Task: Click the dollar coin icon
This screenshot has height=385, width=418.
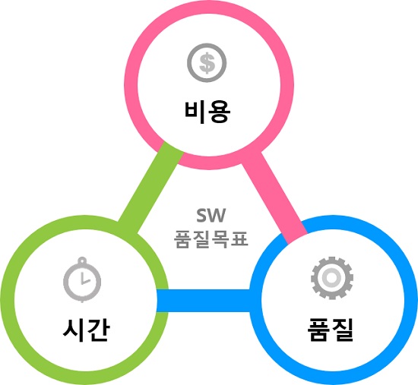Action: pos(207,63)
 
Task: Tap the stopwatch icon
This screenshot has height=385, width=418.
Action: pos(82,279)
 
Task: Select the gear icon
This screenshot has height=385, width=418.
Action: pos(332,278)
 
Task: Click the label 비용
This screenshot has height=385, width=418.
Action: pos(207,112)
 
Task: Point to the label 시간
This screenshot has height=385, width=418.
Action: pos(86,330)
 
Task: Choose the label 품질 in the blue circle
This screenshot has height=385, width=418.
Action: pos(331,330)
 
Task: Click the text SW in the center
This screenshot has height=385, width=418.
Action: pos(211,215)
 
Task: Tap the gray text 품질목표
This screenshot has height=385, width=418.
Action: pos(211,239)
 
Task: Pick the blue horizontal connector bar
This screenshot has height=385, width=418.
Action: pos(203,301)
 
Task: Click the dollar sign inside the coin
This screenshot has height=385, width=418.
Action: pos(207,63)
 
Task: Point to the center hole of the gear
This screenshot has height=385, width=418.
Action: pos(331,278)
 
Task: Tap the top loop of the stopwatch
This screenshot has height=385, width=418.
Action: pos(82,260)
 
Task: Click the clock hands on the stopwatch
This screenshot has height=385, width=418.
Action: pos(84,279)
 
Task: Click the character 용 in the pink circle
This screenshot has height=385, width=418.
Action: pos(220,112)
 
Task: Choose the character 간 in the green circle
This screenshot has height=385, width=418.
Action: pos(98,330)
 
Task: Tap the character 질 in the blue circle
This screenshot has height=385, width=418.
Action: pos(343,330)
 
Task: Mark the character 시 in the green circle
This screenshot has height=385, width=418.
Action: pos(74,330)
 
